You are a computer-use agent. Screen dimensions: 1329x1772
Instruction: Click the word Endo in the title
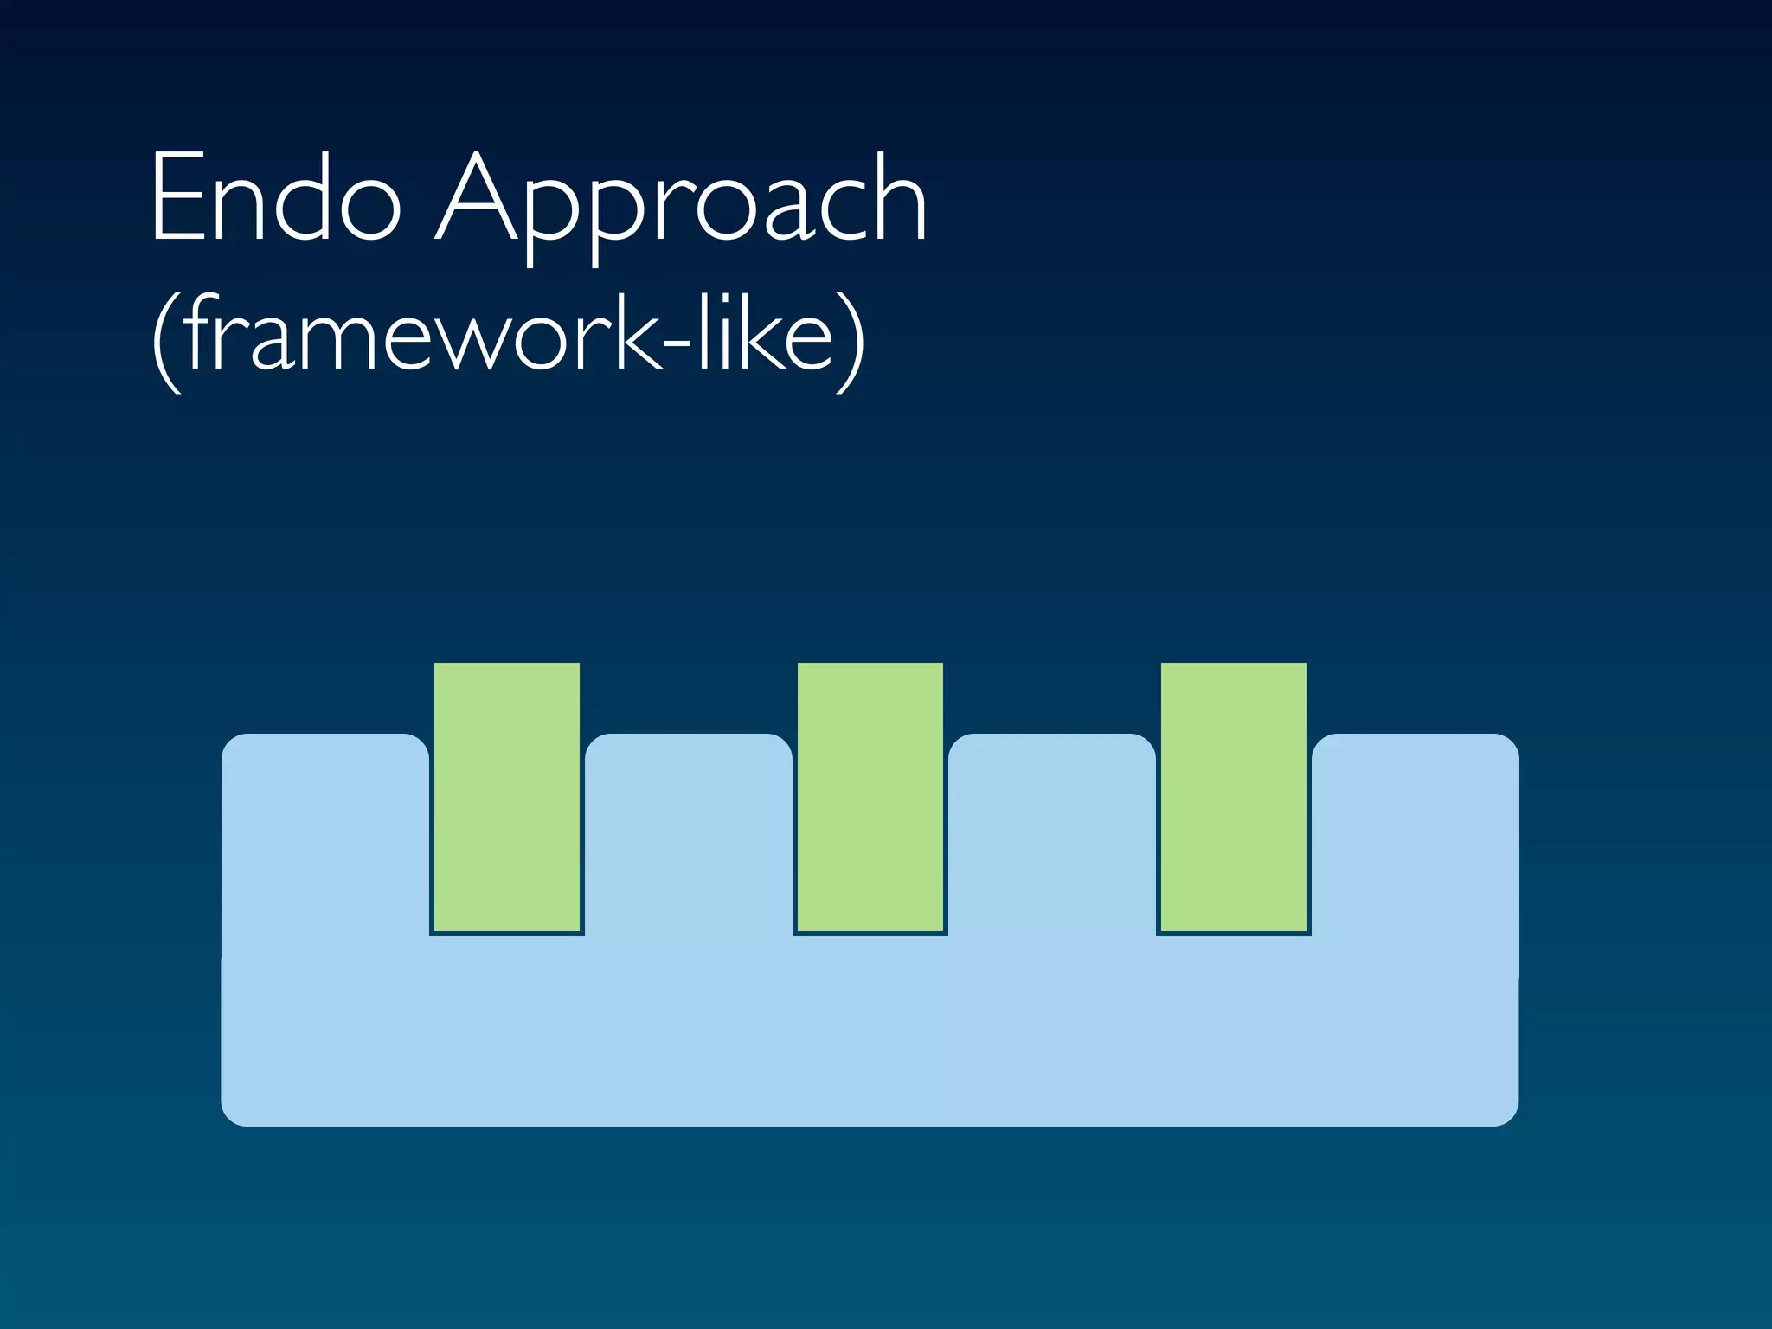point(275,199)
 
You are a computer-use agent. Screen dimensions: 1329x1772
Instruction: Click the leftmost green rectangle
point(507,797)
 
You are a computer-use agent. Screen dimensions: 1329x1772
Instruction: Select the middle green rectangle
point(870,797)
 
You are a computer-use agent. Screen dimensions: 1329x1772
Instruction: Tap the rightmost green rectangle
point(1234,797)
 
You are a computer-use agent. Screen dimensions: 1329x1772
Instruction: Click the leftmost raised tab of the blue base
point(325,831)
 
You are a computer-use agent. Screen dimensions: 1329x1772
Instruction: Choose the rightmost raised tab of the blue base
point(1416,831)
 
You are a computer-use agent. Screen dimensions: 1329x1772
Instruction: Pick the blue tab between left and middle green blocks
point(689,831)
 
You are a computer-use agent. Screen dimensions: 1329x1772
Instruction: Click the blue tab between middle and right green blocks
point(1052,831)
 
